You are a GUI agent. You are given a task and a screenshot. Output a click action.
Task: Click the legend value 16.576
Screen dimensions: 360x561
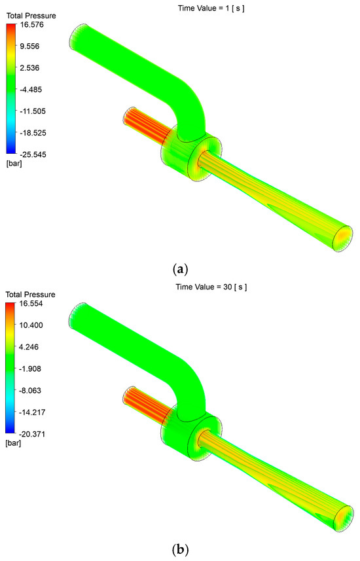tap(32, 25)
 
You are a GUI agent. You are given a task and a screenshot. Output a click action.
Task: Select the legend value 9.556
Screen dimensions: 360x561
tap(30, 46)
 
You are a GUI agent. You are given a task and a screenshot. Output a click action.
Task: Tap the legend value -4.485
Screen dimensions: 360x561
tap(30, 90)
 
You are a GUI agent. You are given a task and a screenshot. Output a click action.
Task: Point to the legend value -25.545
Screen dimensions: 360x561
tap(32, 154)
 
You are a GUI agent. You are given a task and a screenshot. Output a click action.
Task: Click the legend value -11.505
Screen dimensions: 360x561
tap(32, 111)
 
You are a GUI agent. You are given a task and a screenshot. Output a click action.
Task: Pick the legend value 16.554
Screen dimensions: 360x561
tap(31, 303)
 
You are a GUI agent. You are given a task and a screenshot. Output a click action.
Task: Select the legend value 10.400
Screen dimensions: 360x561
tap(31, 325)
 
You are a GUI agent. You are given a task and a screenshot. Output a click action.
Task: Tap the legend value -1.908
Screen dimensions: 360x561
tap(29, 369)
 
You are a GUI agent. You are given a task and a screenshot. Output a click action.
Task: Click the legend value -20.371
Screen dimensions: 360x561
tap(31, 434)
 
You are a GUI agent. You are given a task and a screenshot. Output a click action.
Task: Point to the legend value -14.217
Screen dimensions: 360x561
tap(31, 412)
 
